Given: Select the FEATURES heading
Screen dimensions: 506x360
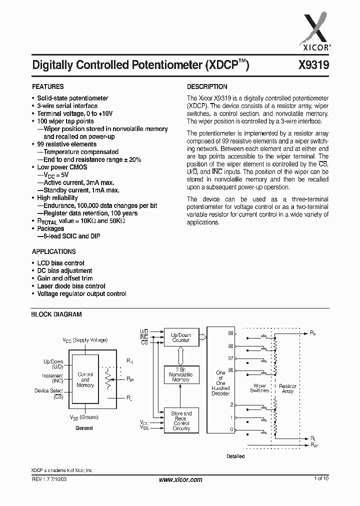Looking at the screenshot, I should [x=48, y=86].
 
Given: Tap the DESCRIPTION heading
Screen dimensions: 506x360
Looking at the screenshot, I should [x=207, y=86].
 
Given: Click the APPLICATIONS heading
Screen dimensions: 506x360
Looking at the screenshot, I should [x=54, y=251].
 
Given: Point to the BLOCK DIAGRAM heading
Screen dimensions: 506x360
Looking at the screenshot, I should [x=56, y=314].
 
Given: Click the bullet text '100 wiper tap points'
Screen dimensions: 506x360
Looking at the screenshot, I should [x=65, y=121].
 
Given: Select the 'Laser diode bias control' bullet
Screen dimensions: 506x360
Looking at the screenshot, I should [x=71, y=286].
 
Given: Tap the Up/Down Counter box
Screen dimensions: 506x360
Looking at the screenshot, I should [x=181, y=337].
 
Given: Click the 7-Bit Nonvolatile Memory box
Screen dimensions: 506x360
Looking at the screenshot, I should [x=181, y=374].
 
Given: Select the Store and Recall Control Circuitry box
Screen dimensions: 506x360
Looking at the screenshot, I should [x=181, y=421].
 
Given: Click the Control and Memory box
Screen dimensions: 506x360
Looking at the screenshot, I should [x=85, y=379].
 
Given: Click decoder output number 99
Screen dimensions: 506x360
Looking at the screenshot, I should [x=230, y=332].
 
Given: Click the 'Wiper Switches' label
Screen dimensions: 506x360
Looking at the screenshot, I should [x=259, y=388].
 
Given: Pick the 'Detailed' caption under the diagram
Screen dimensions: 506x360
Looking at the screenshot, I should [x=235, y=456].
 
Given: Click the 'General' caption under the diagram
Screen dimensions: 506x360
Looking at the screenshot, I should [x=84, y=428].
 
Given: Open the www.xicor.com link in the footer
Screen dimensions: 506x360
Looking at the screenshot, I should [x=180, y=479].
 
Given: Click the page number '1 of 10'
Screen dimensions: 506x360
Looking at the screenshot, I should [x=321, y=479].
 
